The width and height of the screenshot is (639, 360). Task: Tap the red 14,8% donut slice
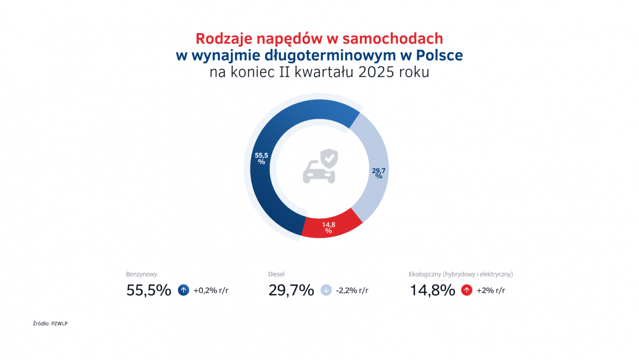(x=331, y=224)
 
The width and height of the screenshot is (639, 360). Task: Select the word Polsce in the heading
(x=439, y=56)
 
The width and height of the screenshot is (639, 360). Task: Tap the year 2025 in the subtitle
(x=379, y=73)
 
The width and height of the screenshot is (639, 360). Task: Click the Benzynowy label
(x=141, y=274)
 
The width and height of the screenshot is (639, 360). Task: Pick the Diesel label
(x=277, y=274)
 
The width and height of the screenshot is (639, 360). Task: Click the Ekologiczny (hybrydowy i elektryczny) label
(x=461, y=274)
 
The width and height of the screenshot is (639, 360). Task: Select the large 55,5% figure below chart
(x=149, y=290)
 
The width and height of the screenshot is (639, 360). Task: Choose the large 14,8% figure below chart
(x=432, y=290)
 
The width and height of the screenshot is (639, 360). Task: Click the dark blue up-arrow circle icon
(x=183, y=290)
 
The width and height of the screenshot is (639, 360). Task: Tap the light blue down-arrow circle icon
(x=326, y=290)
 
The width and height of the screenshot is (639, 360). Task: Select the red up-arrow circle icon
(x=466, y=290)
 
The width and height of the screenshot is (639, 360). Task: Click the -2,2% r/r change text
(x=352, y=290)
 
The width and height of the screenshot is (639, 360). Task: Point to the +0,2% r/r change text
(x=210, y=290)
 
